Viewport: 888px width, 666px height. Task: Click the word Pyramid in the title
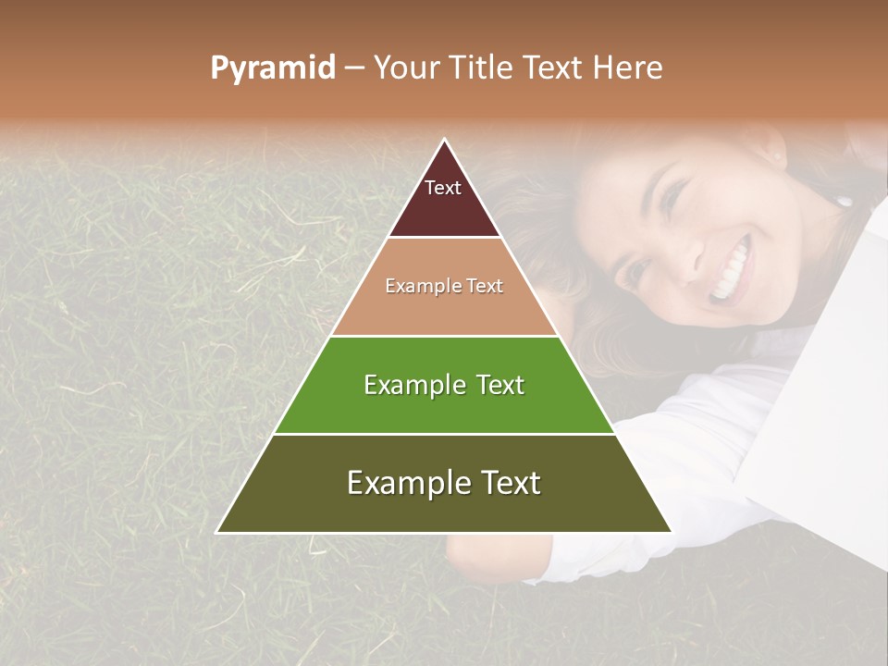pos(273,68)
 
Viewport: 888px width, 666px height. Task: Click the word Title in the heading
pos(480,68)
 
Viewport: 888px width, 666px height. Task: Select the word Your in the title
pos(407,68)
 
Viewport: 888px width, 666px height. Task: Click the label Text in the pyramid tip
pos(443,188)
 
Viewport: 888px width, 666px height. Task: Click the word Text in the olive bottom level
pos(505,483)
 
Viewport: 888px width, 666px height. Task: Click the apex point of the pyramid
pos(445,140)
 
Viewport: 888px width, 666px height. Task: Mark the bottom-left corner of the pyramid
pos(217,532)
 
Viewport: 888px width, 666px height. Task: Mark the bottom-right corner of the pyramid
pos(672,532)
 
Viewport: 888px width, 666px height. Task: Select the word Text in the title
pos(551,68)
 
